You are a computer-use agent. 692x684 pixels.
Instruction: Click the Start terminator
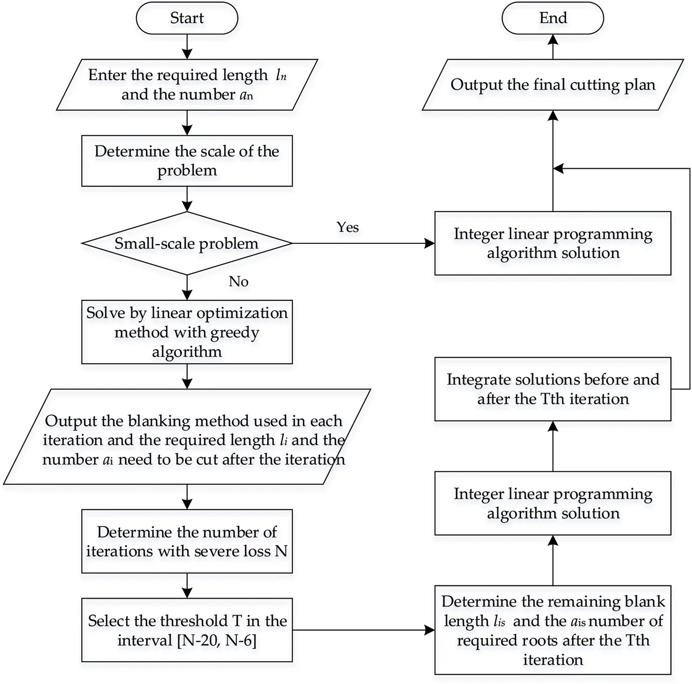tap(187, 18)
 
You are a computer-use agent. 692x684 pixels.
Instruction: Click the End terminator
tap(553, 18)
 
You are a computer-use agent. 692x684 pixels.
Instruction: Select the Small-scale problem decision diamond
tap(187, 243)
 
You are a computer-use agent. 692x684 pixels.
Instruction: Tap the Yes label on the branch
tap(348, 227)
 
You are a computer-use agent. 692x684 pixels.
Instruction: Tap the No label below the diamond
tap(238, 281)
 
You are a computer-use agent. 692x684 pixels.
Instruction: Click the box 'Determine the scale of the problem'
tap(187, 161)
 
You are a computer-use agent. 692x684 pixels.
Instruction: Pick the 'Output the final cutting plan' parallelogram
tap(553, 85)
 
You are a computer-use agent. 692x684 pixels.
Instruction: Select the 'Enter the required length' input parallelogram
tap(187, 85)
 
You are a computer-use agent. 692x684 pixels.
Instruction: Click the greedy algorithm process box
tap(187, 332)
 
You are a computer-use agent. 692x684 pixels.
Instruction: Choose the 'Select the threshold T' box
tap(187, 630)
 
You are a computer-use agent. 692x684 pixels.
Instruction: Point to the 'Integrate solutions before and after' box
tap(553, 389)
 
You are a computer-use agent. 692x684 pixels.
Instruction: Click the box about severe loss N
tap(187, 541)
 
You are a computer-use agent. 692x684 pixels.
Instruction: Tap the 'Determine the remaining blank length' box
tap(553, 630)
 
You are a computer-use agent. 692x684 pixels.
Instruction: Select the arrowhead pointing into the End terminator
tap(553, 40)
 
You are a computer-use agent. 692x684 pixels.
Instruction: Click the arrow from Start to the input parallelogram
tap(187, 47)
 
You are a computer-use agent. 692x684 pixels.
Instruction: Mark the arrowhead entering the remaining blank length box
tap(429, 630)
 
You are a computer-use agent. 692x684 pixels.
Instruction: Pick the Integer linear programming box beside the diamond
tap(553, 243)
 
